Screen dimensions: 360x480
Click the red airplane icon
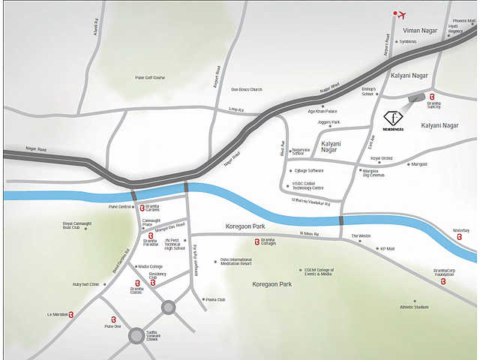[x=400, y=14]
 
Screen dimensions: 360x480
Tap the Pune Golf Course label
[x=150, y=77]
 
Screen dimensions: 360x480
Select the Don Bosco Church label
[x=247, y=89]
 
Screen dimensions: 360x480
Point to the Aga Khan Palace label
[x=322, y=110]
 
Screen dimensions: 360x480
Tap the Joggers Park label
[x=329, y=122]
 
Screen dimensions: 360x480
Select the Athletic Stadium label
[x=414, y=307]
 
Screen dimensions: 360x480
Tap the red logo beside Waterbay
[x=459, y=237]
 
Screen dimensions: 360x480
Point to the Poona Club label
[x=215, y=299]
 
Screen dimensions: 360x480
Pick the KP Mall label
[x=387, y=248]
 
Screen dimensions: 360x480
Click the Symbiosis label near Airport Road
[x=408, y=42]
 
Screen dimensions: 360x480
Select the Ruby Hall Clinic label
[x=85, y=284]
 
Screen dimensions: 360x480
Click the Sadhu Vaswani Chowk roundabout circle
[x=136, y=335]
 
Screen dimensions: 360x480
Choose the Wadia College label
[x=150, y=266]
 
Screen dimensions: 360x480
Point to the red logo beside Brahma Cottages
[x=257, y=241]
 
